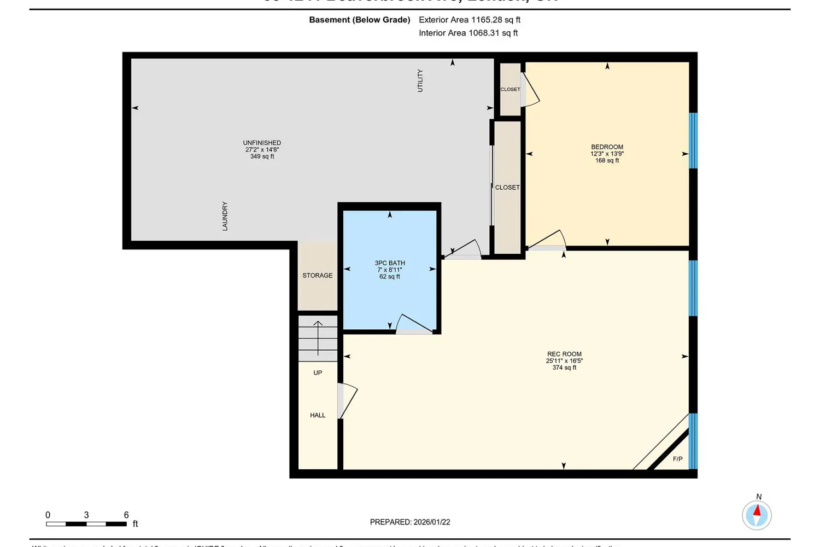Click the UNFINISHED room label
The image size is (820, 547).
pos(262,143)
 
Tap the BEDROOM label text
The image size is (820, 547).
pos(607,147)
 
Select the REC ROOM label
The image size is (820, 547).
pos(564,354)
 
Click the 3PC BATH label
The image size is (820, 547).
pos(390,263)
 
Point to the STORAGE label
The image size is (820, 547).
pos(318,276)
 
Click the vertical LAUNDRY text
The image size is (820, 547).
pos(225,216)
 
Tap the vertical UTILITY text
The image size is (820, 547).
pos(420,80)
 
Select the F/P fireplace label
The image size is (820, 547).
pos(677,459)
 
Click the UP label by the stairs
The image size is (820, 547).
pos(318,373)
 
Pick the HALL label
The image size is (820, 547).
pos(318,416)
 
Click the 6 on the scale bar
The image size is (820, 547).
pos(126,515)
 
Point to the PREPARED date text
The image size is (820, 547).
pos(410,522)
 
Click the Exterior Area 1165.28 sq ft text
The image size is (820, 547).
pos(469,20)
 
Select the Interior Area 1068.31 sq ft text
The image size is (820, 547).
pos(468,33)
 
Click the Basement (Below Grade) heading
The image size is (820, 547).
pos(360,20)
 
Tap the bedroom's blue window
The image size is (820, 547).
pos(693,141)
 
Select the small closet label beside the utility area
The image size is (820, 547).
pos(510,90)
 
